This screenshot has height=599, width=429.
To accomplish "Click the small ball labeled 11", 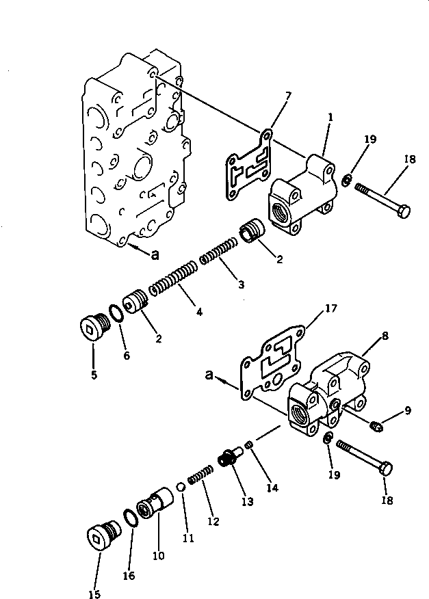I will coord(181,487).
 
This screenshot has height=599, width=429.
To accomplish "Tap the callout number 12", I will coord(213,522).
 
